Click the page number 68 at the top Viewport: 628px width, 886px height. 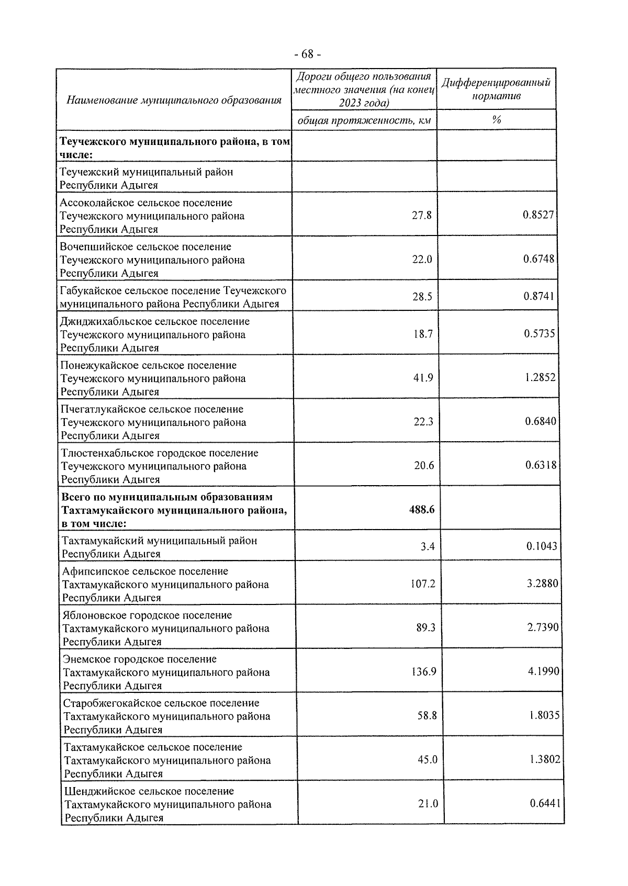308,54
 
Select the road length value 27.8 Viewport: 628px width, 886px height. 422,215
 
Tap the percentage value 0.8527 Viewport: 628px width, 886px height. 539,215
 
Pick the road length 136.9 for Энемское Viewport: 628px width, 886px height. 423,671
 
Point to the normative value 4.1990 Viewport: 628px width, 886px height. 543,671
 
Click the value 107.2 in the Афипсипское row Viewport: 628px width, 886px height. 423,584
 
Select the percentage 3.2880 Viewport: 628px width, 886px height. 543,583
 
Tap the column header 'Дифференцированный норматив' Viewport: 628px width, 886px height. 496,89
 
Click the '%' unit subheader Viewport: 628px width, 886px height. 496,120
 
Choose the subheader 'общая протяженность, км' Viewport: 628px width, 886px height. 364,121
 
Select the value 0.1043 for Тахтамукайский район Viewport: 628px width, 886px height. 542,546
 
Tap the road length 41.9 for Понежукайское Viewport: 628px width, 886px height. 423,378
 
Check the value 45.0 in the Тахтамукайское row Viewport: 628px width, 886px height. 427,759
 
